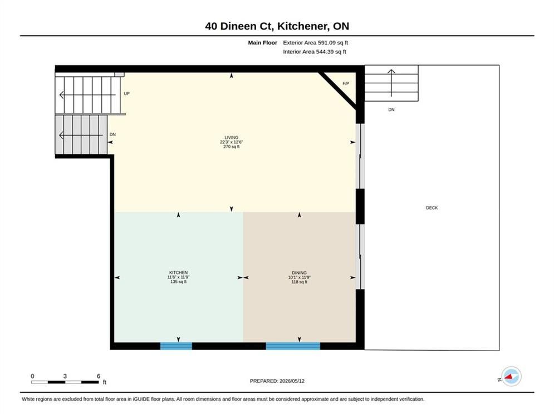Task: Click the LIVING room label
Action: coord(232,137)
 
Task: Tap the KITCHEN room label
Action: coord(178,273)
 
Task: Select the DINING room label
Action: coord(299,273)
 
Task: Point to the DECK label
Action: coord(432,208)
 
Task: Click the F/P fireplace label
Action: coord(346,83)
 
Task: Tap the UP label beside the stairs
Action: coord(127,93)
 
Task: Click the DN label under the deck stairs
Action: coord(391,109)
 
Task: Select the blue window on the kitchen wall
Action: coord(176,346)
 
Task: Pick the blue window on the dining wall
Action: coord(293,346)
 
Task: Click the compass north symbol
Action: coord(511,377)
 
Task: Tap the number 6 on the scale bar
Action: coord(99,376)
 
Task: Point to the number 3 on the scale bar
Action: coord(65,376)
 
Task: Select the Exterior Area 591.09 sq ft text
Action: coord(316,43)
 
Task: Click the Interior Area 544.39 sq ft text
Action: coord(315,52)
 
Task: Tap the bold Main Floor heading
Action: coord(262,43)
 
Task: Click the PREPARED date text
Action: coord(277,381)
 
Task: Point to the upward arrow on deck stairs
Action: coord(391,83)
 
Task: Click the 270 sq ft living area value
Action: coord(232,147)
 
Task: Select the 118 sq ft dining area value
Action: coord(299,282)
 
